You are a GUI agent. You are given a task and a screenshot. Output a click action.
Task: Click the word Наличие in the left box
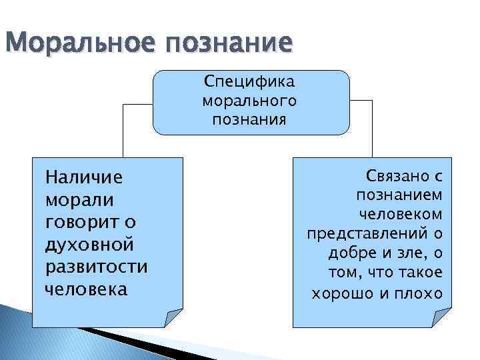click(x=84, y=177)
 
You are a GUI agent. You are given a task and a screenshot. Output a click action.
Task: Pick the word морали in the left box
click(x=79, y=199)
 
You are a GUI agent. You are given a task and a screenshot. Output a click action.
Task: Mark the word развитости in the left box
click(x=96, y=266)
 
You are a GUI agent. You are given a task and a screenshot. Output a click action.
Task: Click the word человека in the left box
click(x=86, y=289)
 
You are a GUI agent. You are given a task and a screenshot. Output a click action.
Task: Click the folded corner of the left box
click(x=174, y=318)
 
